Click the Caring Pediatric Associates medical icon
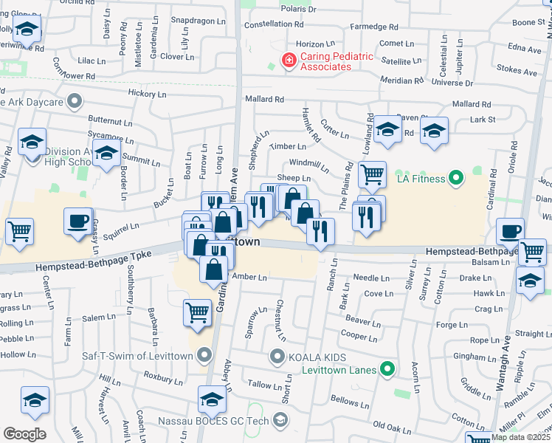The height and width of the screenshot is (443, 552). (290, 60)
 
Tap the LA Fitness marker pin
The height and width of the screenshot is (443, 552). (456, 178)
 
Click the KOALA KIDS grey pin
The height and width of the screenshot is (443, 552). (277, 358)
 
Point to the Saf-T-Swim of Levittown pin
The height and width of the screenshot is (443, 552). (204, 357)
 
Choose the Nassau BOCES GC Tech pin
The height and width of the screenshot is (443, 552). (280, 421)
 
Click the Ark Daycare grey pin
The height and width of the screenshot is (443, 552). (73, 100)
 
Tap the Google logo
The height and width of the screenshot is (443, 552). (24, 434)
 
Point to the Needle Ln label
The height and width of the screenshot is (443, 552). (370, 278)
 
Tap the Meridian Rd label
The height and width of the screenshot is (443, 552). (401, 80)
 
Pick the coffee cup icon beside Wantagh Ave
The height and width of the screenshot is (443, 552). (510, 230)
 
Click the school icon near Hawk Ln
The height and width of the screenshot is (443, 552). (530, 281)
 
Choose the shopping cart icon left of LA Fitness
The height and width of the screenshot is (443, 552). (372, 174)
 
